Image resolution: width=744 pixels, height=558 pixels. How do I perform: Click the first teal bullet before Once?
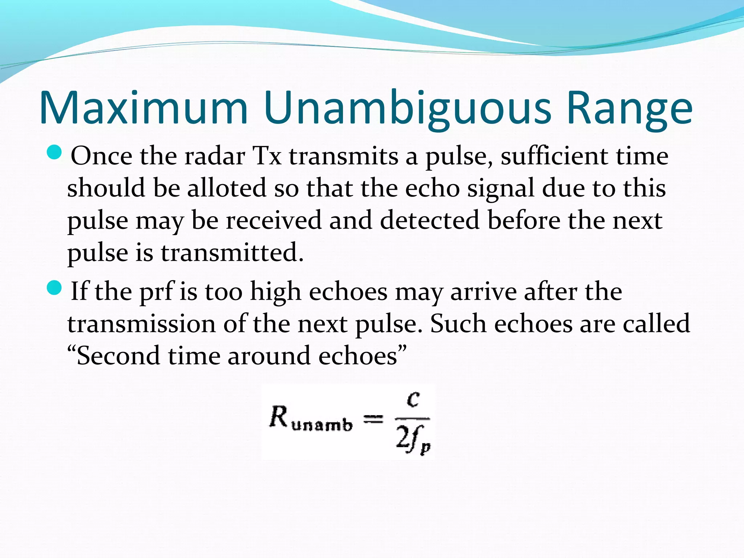(x=55, y=153)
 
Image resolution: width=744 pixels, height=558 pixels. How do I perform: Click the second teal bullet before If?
(x=55, y=288)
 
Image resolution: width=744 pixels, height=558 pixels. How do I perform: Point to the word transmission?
(x=141, y=324)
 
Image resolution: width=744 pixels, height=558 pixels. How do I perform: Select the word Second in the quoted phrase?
(x=118, y=356)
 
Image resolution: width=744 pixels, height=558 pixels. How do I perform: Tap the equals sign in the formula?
(x=373, y=420)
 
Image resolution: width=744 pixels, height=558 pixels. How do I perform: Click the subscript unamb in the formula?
(x=322, y=425)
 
